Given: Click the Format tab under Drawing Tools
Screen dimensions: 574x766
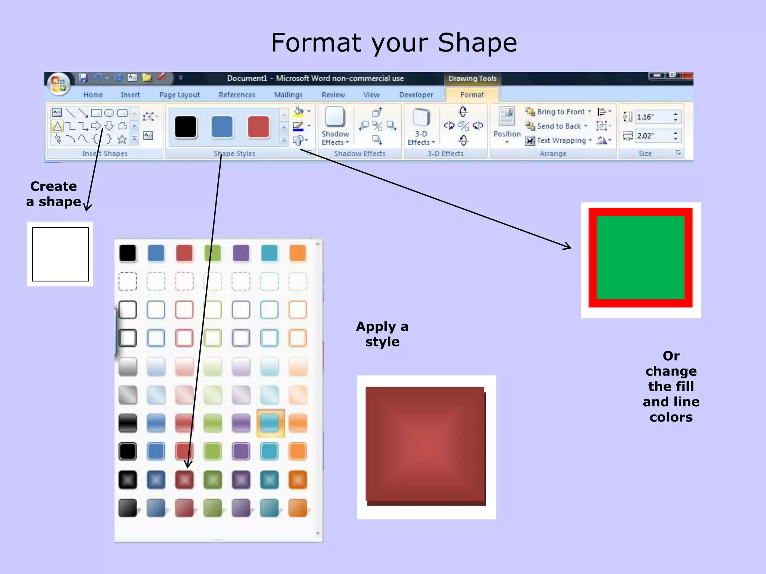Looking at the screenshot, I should (x=472, y=95).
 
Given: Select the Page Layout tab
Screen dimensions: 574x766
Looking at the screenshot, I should (x=180, y=95).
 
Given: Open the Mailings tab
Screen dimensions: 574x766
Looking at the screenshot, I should (x=288, y=95).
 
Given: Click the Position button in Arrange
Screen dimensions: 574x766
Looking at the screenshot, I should (x=507, y=126).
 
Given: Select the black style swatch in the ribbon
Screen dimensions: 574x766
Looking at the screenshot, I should (x=186, y=127).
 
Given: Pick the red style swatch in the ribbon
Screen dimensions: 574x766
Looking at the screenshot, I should (x=258, y=127).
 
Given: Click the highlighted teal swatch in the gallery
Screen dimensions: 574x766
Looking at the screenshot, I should (x=270, y=423).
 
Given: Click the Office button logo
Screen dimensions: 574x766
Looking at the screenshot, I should (x=59, y=83).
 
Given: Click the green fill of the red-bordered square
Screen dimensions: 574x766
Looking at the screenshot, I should (x=640, y=257).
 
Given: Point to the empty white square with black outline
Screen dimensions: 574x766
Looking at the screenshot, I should (x=60, y=254).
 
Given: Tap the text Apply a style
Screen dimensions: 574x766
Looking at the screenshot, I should (x=382, y=334).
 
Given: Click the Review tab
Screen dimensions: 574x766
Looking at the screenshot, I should (x=333, y=95).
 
